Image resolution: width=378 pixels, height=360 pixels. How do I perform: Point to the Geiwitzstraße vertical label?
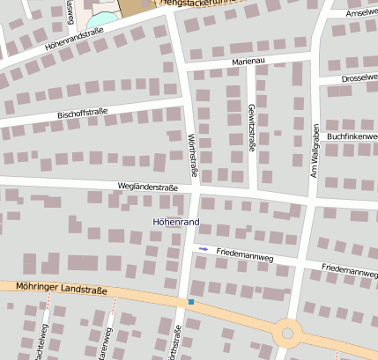(251, 129)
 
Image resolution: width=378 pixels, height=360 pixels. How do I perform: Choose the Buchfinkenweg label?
(352, 136)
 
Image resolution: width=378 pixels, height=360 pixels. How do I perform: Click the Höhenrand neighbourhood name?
(176, 221)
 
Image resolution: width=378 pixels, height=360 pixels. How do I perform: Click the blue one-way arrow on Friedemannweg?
(204, 250)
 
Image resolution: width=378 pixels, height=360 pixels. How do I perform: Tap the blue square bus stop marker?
(190, 302)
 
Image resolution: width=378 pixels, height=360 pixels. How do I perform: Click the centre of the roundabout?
(287, 334)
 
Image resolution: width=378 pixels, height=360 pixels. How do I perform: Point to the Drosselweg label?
(359, 78)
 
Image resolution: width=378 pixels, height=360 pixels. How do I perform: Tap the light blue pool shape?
(103, 18)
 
